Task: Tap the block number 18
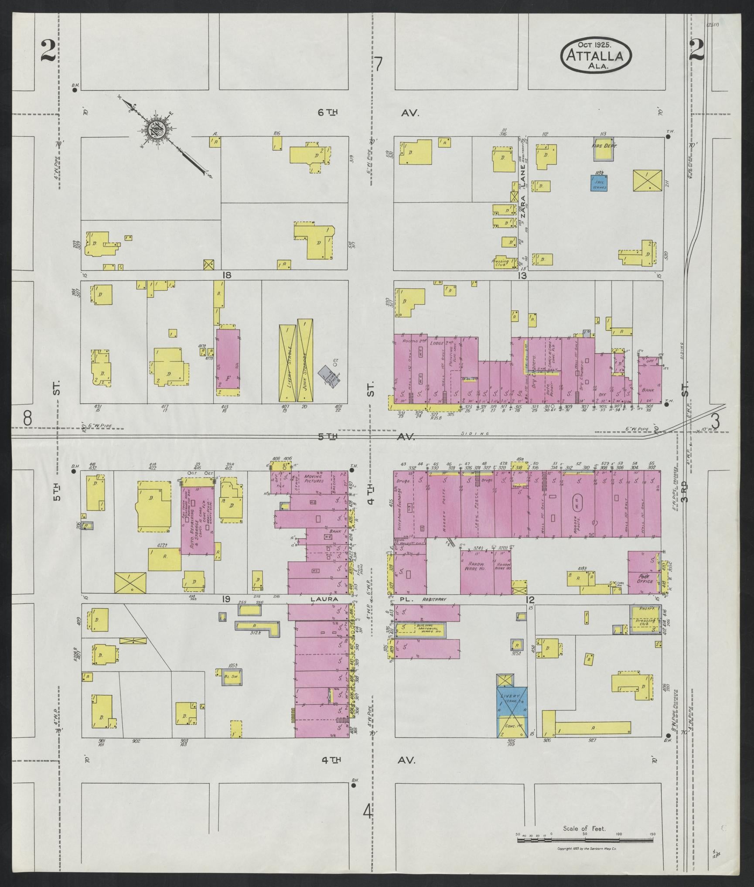[226, 275]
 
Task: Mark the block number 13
[522, 275]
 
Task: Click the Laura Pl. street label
[325, 599]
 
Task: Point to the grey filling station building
[329, 374]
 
